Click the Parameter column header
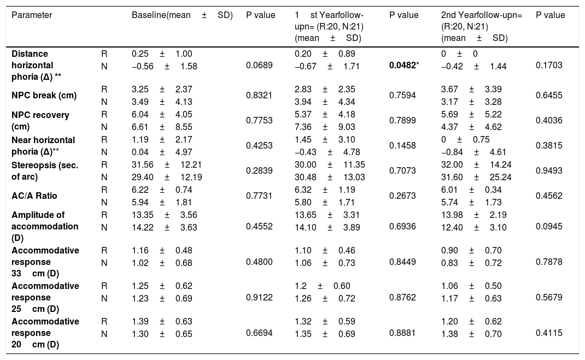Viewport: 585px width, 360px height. point(32,15)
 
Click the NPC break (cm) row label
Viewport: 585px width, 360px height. point(43,95)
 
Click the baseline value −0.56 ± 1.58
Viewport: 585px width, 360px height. point(164,66)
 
